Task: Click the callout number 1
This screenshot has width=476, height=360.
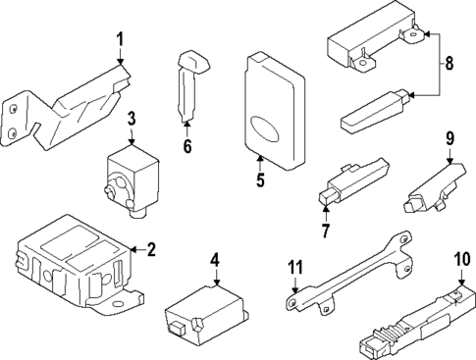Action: tap(120, 41)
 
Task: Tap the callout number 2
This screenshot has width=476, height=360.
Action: tap(150, 248)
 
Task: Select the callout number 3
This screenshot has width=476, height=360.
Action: tap(131, 120)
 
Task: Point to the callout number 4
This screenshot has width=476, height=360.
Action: tap(215, 259)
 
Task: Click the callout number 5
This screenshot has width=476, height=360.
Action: tap(260, 180)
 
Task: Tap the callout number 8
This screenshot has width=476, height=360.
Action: tap(450, 66)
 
